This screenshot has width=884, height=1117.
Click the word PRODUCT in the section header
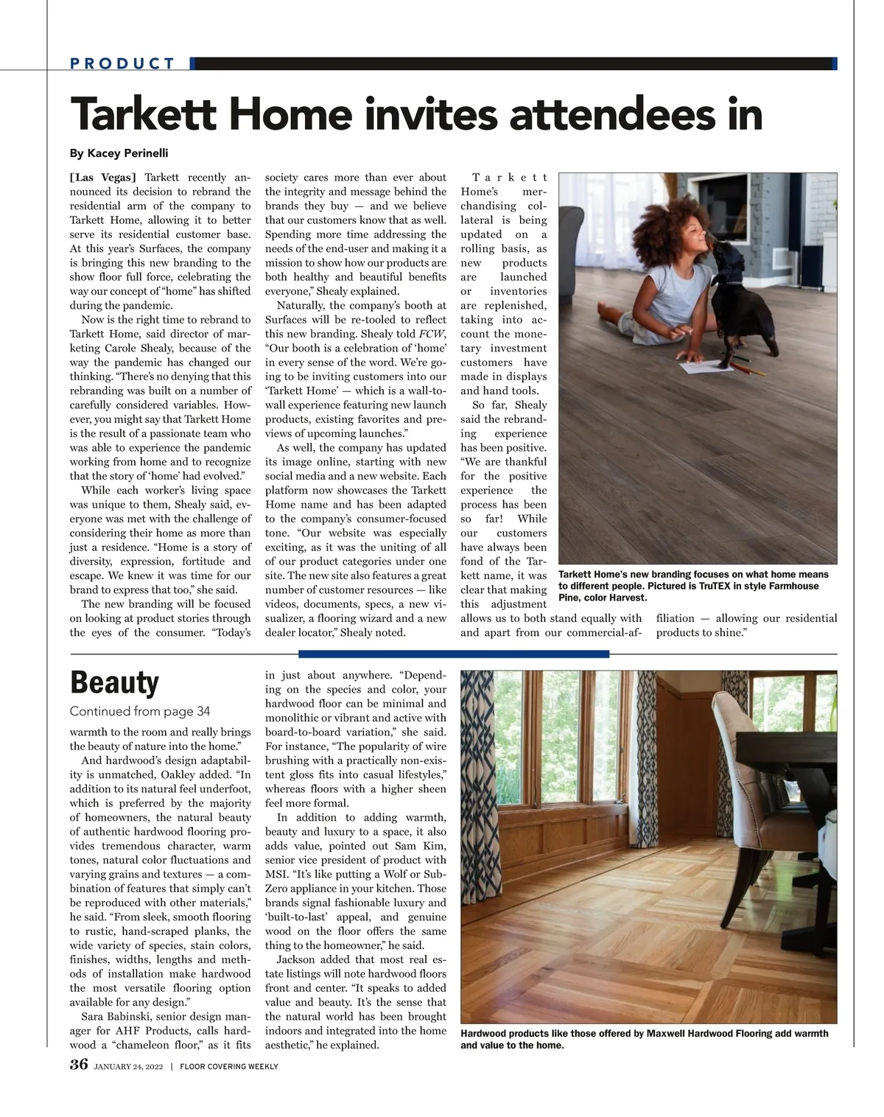click(x=122, y=63)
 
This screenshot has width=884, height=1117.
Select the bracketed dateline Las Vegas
click(x=103, y=178)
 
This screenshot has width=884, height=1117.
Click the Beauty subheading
click(x=114, y=683)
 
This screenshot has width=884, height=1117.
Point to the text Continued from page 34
click(x=140, y=711)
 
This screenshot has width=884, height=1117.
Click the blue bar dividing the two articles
click(x=454, y=654)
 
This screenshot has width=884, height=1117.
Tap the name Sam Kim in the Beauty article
click(x=426, y=846)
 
